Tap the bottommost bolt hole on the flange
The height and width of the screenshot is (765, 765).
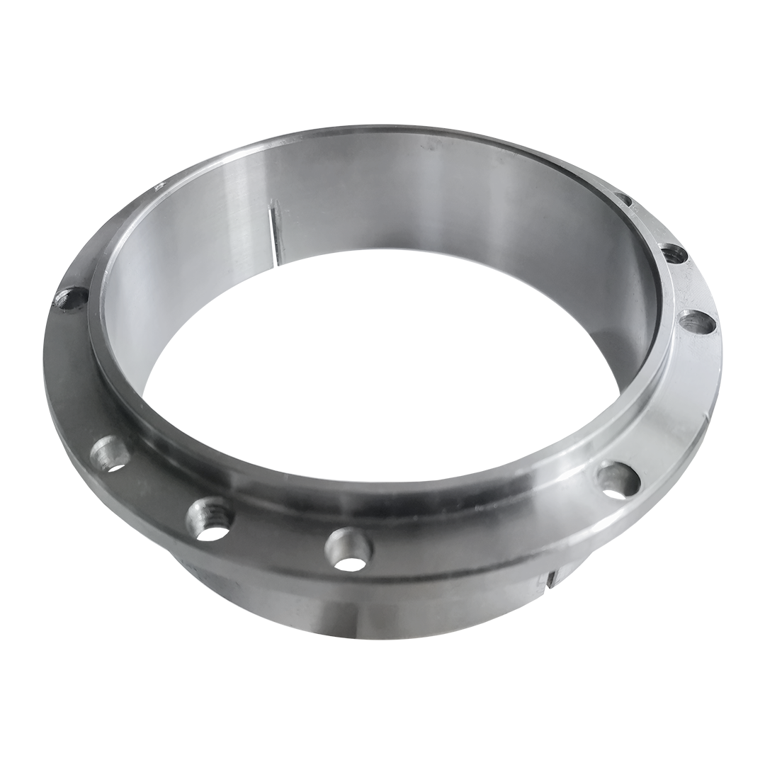pos(349,545)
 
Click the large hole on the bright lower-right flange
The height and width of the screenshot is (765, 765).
pos(618,479)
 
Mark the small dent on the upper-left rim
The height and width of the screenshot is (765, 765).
pos(159,187)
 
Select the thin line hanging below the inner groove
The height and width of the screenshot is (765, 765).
pos(276,251)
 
